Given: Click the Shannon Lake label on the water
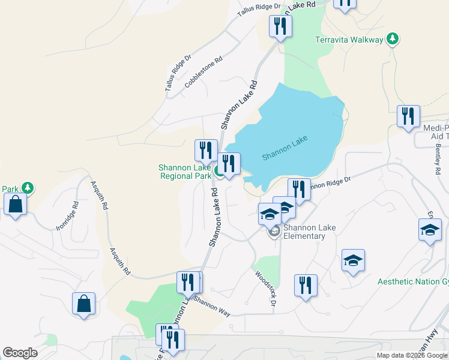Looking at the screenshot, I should click(285, 148).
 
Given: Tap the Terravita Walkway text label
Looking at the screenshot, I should click(349, 40).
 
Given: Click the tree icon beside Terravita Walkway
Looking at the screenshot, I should click(393, 39).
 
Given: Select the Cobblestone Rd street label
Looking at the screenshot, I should click(204, 72).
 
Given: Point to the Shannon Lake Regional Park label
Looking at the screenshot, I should click(184, 172).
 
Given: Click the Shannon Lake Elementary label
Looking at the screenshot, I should click(309, 232).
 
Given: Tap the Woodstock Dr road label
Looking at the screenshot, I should click(265, 289).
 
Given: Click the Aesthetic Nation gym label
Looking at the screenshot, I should click(413, 282).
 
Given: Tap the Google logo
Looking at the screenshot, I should click(20, 353).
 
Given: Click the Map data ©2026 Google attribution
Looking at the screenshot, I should click(412, 355).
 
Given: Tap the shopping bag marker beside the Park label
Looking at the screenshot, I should click(15, 204).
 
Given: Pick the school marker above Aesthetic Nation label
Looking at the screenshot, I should click(353, 260).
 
